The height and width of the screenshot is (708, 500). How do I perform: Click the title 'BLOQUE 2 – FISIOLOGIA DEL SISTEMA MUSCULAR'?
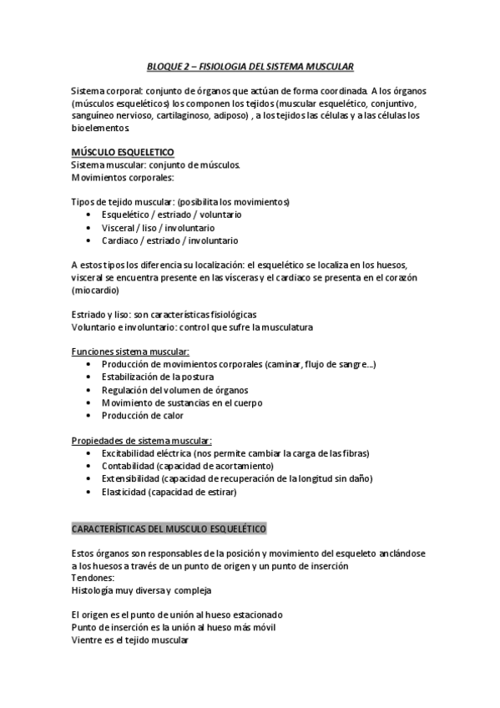pos(250,65)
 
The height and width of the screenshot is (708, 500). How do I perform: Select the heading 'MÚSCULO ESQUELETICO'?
pos(123,153)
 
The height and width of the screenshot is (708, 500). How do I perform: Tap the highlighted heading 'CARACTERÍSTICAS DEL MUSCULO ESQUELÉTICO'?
pos(169,529)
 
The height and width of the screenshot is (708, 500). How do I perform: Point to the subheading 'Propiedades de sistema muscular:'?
pos(142,440)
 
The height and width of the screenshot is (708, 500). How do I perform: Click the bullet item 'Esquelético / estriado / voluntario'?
pos(171,215)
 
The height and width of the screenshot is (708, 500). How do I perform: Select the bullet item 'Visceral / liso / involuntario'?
pos(158,227)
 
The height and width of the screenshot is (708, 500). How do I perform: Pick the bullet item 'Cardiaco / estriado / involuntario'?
pos(169,240)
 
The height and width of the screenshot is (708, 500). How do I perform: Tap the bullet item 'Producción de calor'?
pos(143,415)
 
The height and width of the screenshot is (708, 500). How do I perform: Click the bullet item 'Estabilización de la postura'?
pos(158,377)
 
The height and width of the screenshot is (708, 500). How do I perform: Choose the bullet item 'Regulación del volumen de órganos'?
pos(174,390)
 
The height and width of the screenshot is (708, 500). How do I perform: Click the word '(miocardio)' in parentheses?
pos(95,291)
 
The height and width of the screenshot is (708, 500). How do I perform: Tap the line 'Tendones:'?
pos(93,578)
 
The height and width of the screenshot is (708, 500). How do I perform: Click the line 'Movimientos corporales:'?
pos(123,178)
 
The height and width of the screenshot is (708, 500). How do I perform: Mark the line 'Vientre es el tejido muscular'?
pos(130,640)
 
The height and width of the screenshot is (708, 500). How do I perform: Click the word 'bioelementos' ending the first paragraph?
pos(100,128)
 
